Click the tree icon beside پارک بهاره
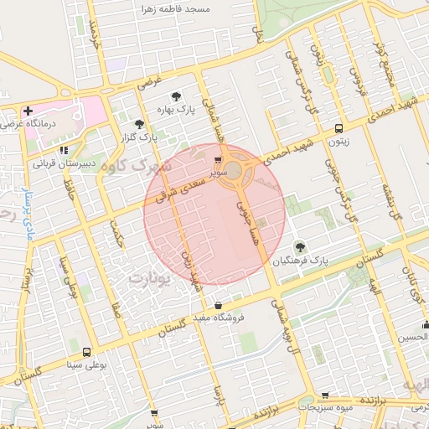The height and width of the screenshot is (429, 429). point(175,96)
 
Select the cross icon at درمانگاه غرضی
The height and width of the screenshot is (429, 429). point(28,111)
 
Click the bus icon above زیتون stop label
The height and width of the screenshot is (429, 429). point(339,129)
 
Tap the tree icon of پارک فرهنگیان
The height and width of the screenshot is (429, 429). point(301,246)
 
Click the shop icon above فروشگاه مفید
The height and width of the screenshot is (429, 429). point(219,305)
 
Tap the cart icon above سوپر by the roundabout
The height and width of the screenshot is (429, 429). point(218,159)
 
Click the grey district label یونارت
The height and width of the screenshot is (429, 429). point(152,275)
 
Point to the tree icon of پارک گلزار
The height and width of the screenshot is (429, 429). point(139,124)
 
